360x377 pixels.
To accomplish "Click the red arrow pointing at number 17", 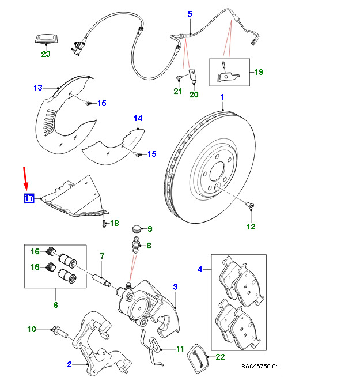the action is point(25,178).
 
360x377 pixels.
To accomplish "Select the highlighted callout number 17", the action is point(29,198).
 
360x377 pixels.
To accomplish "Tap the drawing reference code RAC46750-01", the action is point(260,367).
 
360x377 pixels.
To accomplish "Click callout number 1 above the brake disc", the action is point(222,97).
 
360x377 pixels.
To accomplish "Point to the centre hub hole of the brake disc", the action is point(218,171).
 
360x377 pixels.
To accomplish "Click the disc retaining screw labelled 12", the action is point(250,206).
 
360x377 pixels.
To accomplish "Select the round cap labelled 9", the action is point(137,229).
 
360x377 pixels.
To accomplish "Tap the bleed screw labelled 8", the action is point(135,244).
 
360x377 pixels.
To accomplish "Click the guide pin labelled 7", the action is point(101,280).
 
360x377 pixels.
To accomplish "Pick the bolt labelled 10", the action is point(59,332).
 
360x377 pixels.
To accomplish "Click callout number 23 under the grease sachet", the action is point(46,54).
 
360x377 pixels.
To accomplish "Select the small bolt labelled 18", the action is point(104,224).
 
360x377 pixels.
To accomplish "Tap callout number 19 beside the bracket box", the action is point(259,72).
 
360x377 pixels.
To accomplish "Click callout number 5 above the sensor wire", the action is point(190,14).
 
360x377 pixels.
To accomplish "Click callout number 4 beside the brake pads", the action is point(200,269).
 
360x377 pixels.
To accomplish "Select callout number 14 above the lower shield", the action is point(138,118).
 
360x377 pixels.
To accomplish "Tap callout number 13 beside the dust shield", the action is point(38,88).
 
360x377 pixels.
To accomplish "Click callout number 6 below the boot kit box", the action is point(55,305).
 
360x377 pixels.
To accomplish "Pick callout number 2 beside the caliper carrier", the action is point(69,364).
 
